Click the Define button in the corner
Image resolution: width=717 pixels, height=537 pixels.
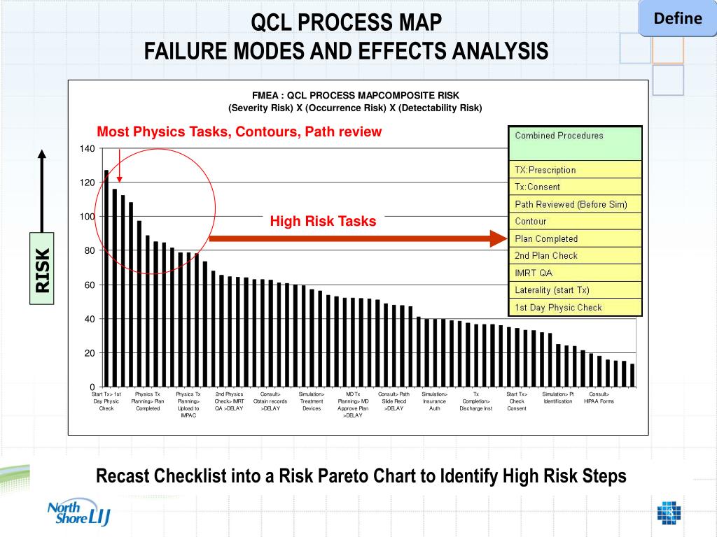tap(677, 19)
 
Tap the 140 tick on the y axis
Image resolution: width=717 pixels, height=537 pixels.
tap(87, 148)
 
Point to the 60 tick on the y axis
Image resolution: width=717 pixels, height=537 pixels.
tap(89, 285)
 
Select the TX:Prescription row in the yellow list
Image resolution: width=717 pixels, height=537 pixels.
tap(574, 170)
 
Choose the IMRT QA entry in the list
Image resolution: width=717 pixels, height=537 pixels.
tap(574, 273)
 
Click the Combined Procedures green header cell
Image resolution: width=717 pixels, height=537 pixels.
tap(574, 143)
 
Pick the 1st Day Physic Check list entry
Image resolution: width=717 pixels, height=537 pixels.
tap(574, 308)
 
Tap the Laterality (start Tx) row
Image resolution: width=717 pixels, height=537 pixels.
tap(574, 290)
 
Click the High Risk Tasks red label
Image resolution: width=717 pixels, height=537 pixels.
tap(323, 222)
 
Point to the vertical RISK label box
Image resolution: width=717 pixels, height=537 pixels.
tap(43, 269)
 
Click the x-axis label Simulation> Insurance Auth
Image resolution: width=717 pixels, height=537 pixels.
tap(434, 401)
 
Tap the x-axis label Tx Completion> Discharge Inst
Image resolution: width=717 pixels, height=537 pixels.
tap(476, 401)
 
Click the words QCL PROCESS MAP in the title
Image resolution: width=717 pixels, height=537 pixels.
tap(347, 22)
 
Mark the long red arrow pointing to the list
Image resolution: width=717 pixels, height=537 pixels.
tap(357, 239)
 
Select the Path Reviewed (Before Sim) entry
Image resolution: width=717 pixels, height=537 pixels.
tap(574, 204)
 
